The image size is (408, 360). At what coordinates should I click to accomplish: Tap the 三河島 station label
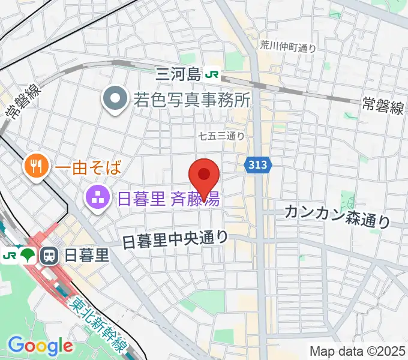click(178, 74)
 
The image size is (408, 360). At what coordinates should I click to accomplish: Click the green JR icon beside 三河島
click(212, 74)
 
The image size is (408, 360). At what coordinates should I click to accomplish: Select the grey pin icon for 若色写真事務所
click(113, 97)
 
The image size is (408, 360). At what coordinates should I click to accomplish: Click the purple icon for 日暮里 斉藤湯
click(96, 197)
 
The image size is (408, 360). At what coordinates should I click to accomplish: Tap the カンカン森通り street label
click(337, 215)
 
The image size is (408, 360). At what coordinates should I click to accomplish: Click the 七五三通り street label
click(221, 136)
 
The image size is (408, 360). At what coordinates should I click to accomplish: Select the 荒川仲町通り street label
click(287, 46)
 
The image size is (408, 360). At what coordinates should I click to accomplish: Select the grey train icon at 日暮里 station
click(49, 256)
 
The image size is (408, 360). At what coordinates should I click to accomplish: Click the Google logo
click(40, 346)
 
